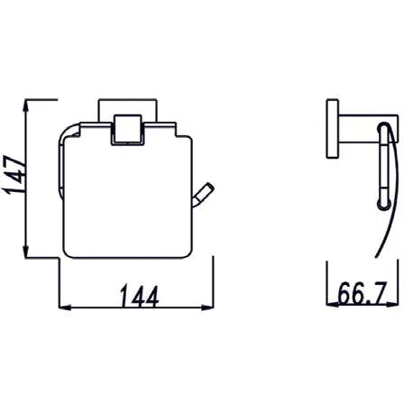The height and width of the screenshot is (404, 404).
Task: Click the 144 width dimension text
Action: [x=137, y=295]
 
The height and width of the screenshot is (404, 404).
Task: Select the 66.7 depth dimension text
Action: [x=364, y=293]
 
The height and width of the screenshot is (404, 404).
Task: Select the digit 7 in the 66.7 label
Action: [x=384, y=293]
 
